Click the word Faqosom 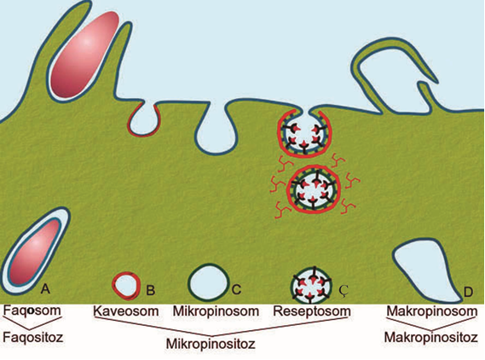32,311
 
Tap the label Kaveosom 126,311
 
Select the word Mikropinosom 216,311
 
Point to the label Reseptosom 312,311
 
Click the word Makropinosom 432,311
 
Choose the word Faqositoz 33,337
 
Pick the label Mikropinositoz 211,344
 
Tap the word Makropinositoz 431,338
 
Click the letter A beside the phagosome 45,289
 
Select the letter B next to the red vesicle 151,290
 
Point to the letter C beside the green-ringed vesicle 236,290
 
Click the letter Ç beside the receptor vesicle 344,290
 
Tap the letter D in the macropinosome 468,292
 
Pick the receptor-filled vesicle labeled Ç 312,285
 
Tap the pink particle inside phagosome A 35,253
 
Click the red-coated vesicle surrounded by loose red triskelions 314,189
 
